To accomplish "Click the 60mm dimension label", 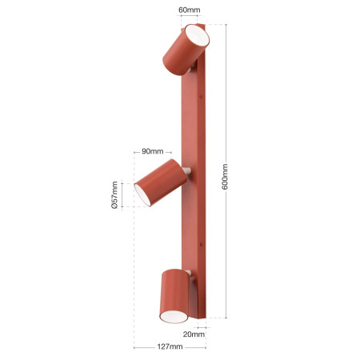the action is click(189, 10).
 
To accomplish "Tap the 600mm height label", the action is click(225, 177).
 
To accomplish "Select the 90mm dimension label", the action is click(152, 151).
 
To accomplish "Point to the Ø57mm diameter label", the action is click(114, 195).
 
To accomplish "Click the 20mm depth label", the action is click(194, 334).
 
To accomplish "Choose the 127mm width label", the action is click(170, 346).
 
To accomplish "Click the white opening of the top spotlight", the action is click(197, 35).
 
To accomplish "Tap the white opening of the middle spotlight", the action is click(142, 195).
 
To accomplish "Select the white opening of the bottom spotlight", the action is click(174, 317).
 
